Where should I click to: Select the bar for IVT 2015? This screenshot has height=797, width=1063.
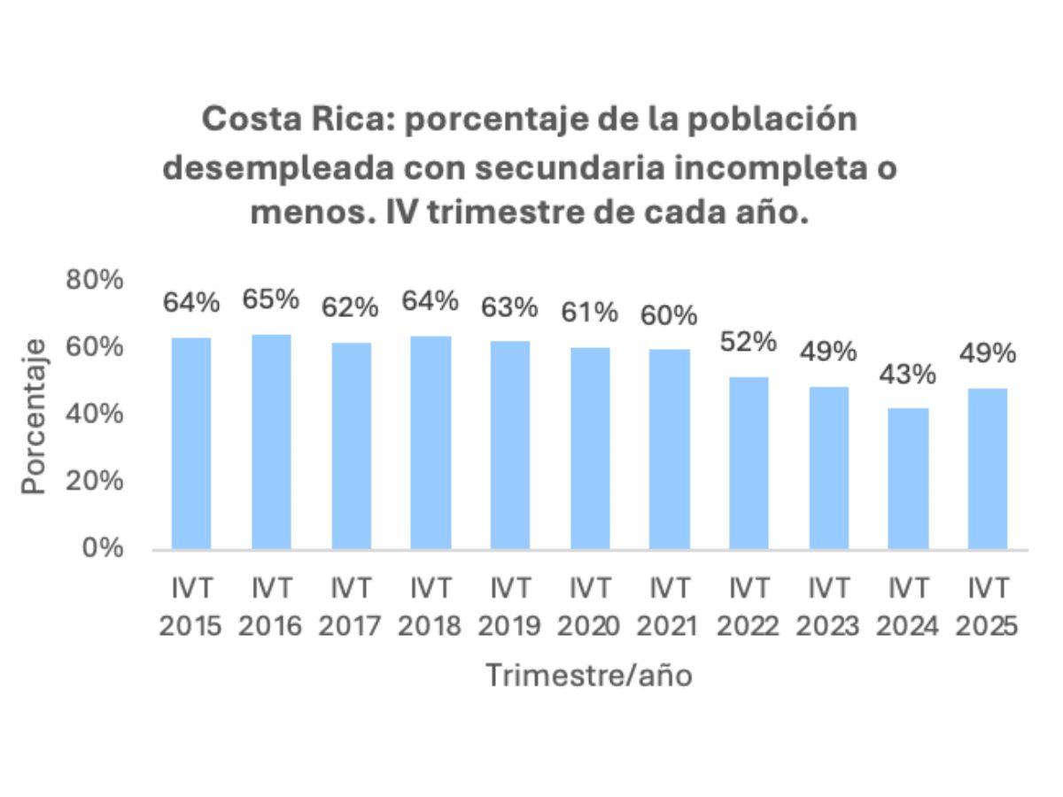pos(191,443)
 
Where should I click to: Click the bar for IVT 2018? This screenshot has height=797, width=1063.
pos(431,442)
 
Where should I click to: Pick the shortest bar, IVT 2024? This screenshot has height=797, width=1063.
pos(908,478)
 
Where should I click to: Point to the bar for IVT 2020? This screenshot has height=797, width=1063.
pos(590,447)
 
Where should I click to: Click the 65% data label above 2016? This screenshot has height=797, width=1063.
pos(271,299)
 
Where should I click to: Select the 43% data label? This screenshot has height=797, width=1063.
pos(908,375)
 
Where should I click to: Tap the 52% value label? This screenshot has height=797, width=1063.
pos(749,342)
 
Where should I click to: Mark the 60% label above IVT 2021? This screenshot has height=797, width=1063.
pos(669,315)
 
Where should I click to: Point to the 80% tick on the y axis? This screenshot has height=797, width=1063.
pos(93,281)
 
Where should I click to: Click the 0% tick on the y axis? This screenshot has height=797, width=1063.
pos(104,549)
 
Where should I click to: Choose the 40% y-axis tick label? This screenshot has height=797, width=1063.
pos(93,414)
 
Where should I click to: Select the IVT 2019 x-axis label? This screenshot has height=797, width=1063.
pos(510,607)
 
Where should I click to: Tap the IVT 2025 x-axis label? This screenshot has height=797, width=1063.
pos(987,607)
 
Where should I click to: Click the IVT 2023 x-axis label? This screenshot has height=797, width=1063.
pos(828,607)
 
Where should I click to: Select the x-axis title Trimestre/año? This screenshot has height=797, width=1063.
pos(588,676)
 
